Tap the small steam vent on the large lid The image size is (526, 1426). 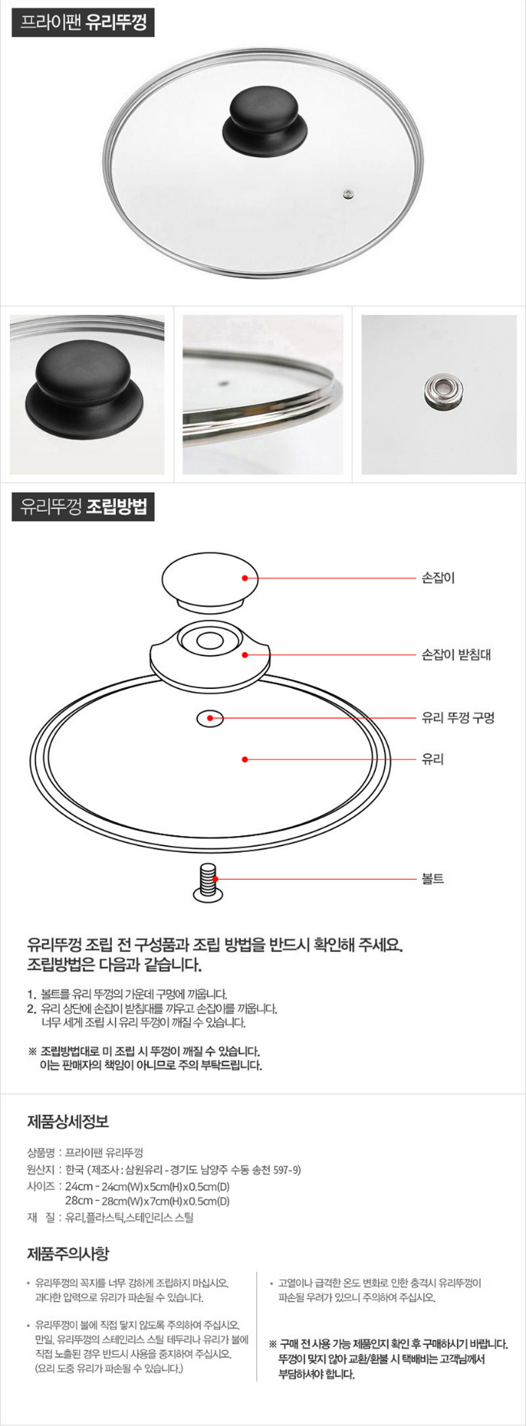pyautogui.click(x=347, y=195)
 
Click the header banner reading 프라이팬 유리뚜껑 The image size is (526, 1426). pyautogui.click(x=83, y=23)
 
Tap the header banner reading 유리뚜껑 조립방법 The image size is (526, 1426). pyautogui.click(x=83, y=507)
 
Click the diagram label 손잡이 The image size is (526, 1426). pyautogui.click(x=438, y=578)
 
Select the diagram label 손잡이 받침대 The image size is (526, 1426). pyautogui.click(x=456, y=654)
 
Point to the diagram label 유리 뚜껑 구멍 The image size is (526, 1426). pyautogui.click(x=458, y=718)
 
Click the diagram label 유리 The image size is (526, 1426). pyautogui.click(x=433, y=759)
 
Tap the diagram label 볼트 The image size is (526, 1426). pyautogui.click(x=433, y=878)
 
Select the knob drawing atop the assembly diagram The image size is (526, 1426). pyautogui.click(x=210, y=580)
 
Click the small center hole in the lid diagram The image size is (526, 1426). pyautogui.click(x=210, y=719)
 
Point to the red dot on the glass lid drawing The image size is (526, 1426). pyautogui.click(x=245, y=760)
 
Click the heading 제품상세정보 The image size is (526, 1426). pyautogui.click(x=68, y=1122)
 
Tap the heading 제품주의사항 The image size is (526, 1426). pyautogui.click(x=68, y=1253)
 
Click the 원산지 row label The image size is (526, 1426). pyautogui.click(x=41, y=1170)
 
